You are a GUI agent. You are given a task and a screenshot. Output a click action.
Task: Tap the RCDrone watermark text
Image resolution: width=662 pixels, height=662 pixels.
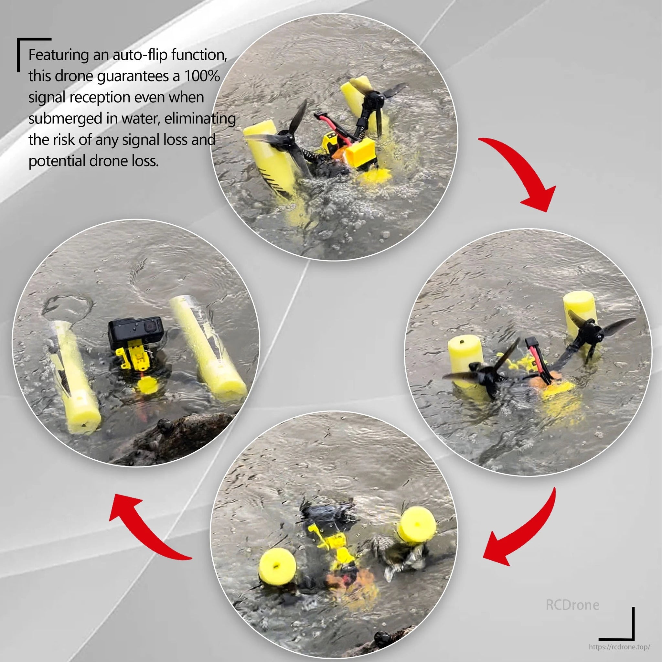(x=572, y=605)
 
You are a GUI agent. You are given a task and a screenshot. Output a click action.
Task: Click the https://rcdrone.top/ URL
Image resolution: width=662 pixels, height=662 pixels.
(x=619, y=646)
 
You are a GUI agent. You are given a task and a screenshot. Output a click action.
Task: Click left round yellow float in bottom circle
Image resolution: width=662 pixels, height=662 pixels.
(x=277, y=567)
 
